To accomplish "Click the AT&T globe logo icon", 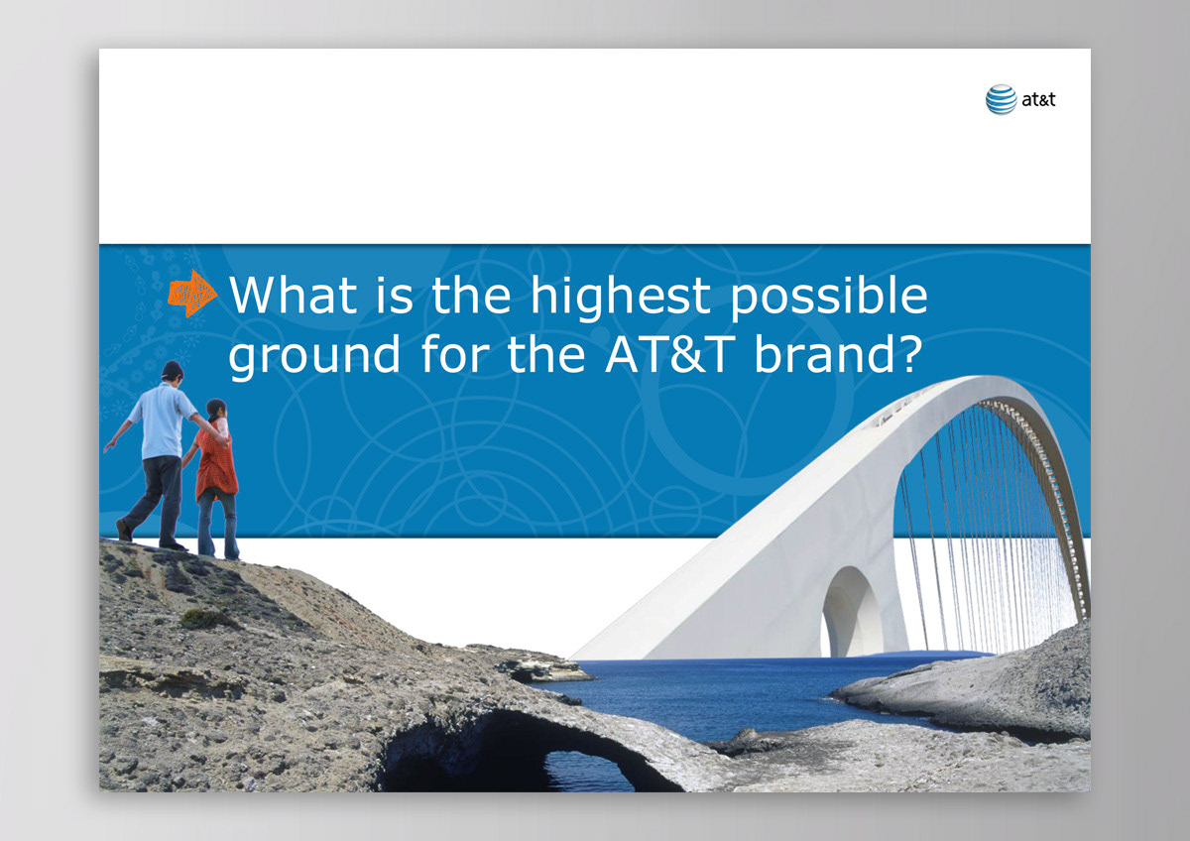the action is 1001,99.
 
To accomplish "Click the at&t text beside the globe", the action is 1038,99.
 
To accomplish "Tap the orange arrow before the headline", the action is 192,293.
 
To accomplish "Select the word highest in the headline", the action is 621,298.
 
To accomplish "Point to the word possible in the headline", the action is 829,298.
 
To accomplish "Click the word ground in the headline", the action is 314,356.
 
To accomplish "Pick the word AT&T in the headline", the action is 670,353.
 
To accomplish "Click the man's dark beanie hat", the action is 173,369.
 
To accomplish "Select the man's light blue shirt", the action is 162,420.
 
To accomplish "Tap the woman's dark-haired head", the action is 217,410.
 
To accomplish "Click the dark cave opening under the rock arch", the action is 510,755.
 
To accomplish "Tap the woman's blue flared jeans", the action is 218,524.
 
